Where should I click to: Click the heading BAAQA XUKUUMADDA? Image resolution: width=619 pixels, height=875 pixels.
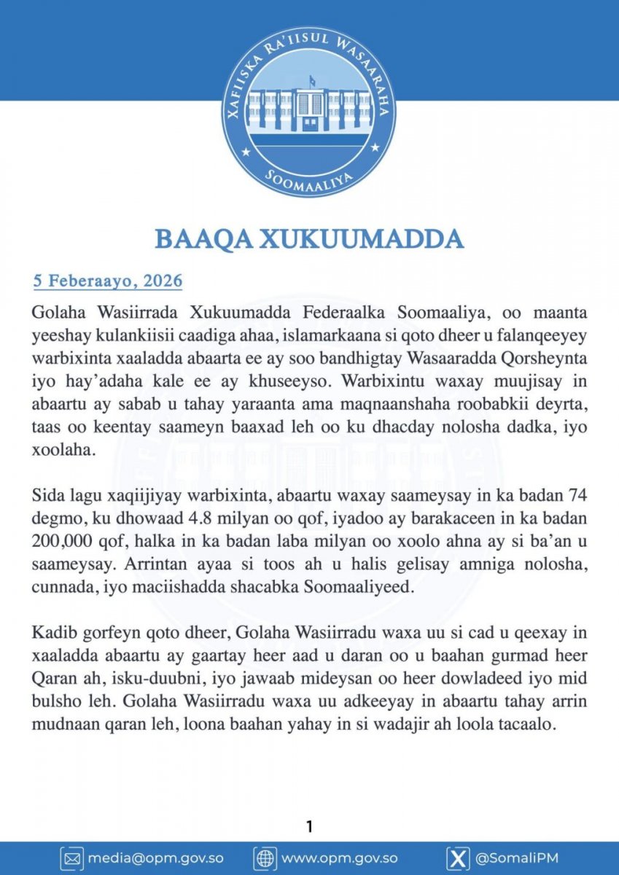coord(309,239)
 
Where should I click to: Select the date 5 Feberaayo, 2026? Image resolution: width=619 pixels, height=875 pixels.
coord(107,281)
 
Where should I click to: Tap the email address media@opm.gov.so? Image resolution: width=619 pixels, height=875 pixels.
coord(155,858)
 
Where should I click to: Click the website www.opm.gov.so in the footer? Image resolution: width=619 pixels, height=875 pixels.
coord(343,858)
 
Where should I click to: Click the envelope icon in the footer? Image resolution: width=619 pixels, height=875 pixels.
coord(71,858)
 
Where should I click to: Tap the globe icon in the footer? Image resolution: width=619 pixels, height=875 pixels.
coord(264,858)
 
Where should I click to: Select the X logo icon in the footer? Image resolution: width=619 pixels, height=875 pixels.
coord(457,858)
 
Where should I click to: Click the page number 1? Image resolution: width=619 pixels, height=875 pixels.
coord(309,826)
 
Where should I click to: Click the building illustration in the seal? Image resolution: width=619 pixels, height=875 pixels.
coord(309,109)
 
